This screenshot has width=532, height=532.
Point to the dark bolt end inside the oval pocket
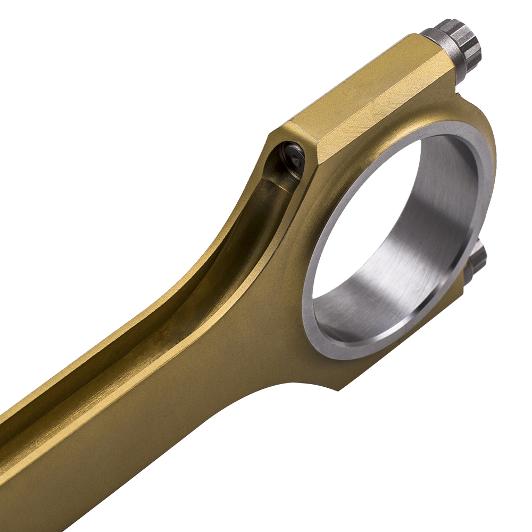pyautogui.click(x=293, y=157)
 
